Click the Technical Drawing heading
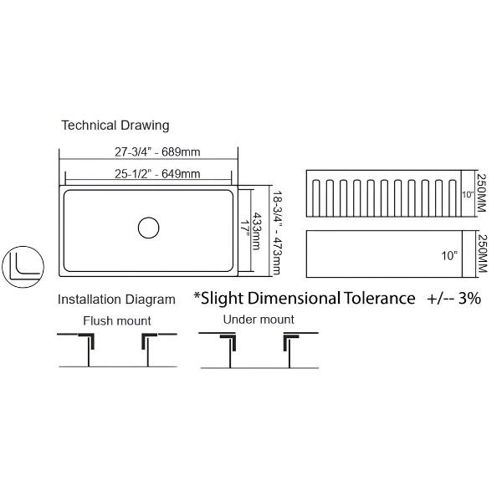[115, 125]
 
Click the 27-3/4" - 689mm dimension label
[157, 151]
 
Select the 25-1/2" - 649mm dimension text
[157, 174]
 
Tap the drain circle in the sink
[149, 228]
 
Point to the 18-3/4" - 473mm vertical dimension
[277, 233]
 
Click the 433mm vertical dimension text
[257, 231]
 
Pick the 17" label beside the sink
[245, 228]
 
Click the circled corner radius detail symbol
[23, 267]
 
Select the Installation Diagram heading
[116, 300]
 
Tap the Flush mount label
[117, 320]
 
